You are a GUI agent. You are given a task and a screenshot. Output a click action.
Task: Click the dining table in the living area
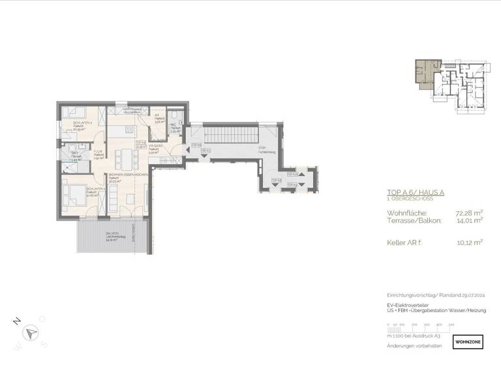click(123, 157)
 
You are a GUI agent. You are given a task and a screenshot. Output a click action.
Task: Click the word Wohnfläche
click(406, 212)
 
